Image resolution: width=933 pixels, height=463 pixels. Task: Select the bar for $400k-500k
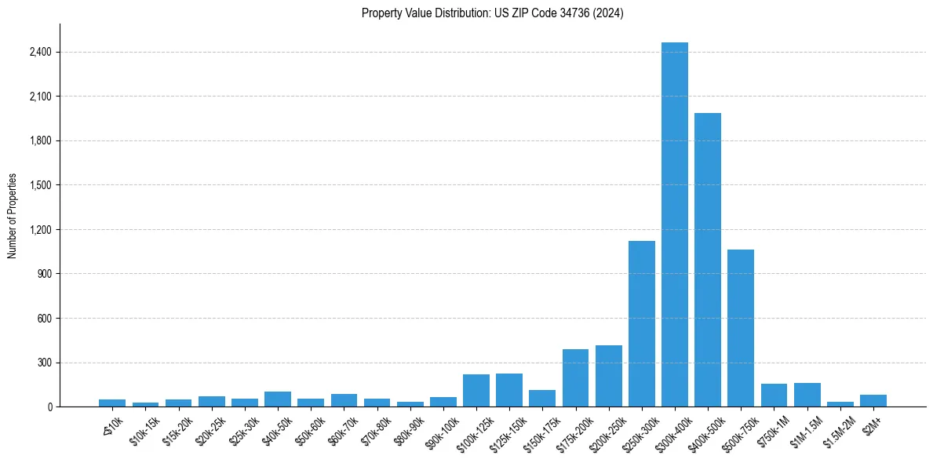707,260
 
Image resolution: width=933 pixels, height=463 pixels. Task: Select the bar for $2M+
873,400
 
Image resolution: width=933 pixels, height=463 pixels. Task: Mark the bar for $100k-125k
476,390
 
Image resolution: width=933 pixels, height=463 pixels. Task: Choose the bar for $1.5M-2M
840,403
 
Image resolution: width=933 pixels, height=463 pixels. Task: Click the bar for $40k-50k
277,399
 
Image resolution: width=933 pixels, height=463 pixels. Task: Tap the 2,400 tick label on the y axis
40,53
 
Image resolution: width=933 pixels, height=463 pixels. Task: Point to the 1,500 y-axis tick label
40,185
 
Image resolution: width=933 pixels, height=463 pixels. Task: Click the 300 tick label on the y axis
44,363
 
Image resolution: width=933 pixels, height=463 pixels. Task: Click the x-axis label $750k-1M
771,432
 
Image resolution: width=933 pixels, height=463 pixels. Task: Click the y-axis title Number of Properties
13,216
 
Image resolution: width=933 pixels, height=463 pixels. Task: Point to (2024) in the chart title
610,13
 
